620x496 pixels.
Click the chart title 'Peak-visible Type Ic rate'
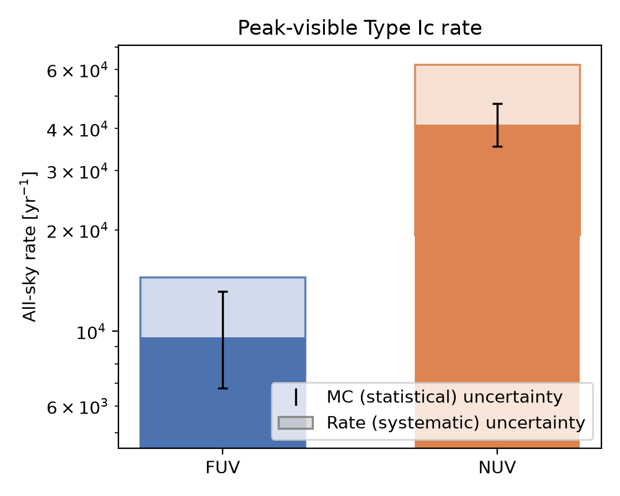(x=360, y=29)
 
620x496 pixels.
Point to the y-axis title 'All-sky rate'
(x=29, y=273)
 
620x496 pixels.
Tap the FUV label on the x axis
(x=223, y=467)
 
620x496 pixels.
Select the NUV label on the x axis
(x=497, y=467)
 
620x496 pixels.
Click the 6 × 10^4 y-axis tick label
(x=77, y=71)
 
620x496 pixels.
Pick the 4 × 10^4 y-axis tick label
(x=77, y=130)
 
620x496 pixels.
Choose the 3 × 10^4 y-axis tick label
(x=77, y=172)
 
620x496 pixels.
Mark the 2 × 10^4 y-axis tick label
(x=77, y=231)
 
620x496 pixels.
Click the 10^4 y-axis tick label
(x=92, y=332)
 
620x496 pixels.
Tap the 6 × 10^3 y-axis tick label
(x=77, y=407)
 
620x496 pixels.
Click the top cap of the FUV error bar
(x=223, y=292)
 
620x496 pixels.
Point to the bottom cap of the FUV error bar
(x=223, y=388)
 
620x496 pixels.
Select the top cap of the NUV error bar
(x=497, y=104)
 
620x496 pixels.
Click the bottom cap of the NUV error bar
(x=497, y=147)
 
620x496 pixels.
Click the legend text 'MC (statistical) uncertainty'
(x=445, y=397)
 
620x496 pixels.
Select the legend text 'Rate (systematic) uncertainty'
(x=456, y=423)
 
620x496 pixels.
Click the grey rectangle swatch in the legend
(x=296, y=423)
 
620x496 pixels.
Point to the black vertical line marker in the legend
(x=296, y=397)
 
